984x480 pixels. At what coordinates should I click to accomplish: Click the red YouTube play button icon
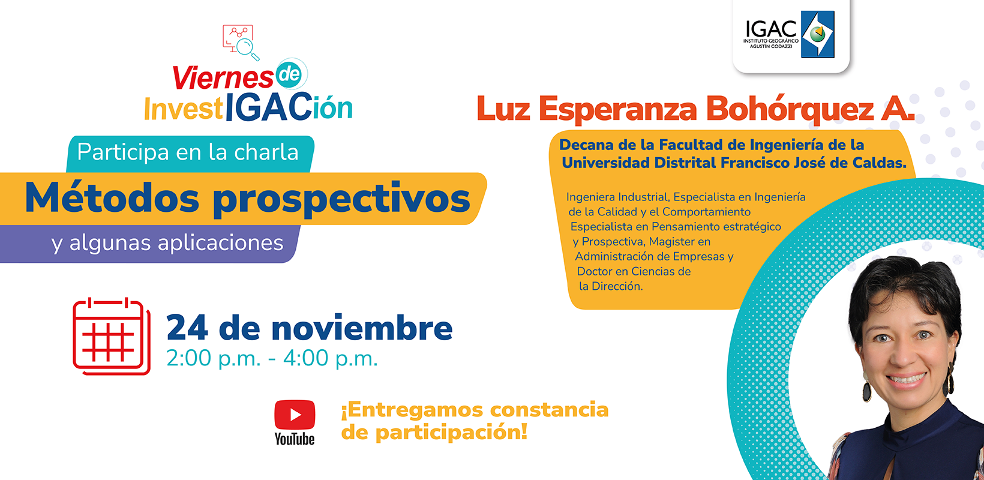295,415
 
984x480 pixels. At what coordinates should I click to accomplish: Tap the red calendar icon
112,337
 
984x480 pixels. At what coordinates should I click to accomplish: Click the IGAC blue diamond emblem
818,34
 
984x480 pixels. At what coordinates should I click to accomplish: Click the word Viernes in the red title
223,78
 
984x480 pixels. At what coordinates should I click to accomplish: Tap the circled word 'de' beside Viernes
289,74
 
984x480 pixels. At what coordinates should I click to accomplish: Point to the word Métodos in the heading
112,198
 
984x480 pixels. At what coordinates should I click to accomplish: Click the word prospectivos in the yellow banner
342,200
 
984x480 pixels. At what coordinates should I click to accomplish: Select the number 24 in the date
187,328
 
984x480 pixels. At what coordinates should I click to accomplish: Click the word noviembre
362,328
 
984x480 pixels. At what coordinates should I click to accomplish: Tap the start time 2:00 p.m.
214,358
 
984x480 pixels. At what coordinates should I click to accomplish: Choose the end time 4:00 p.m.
331,358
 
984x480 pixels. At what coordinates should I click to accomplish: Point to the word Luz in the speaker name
503,109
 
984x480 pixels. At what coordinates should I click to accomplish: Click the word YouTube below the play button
295,438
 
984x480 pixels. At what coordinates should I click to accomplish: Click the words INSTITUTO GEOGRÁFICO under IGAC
771,41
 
